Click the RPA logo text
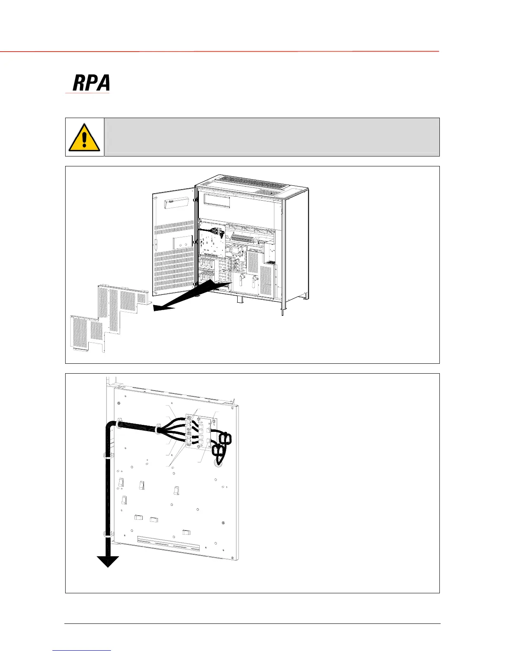[x=91, y=83]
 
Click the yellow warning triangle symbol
[x=84, y=137]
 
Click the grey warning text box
[x=271, y=137]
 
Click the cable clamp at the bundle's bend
[x=116, y=423]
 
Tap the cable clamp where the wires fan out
[x=158, y=430]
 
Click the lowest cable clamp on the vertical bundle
[x=107, y=533]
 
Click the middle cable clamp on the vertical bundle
[x=106, y=457]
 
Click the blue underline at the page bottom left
[x=82, y=650]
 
